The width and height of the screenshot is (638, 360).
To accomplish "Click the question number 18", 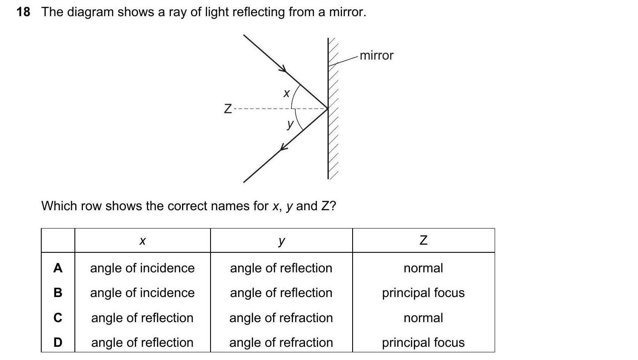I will (x=23, y=12).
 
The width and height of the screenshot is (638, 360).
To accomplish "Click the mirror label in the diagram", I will (x=376, y=56).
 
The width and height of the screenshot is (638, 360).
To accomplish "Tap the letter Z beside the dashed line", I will (x=228, y=109).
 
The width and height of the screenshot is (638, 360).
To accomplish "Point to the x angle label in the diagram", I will (x=286, y=93).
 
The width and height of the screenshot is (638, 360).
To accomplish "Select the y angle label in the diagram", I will (x=290, y=124).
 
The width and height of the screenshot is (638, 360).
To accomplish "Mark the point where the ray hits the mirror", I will (x=328, y=109).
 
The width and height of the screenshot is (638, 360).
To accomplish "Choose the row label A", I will (x=58, y=268).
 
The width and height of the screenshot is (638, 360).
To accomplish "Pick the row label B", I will (x=58, y=293).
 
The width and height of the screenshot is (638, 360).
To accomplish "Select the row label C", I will (x=58, y=318).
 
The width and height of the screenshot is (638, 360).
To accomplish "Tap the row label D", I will (x=58, y=343).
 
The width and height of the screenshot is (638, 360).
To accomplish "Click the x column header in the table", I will (x=142, y=241).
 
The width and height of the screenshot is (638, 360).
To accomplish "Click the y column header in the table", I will (x=281, y=241).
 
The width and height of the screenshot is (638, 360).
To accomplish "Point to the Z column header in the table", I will (x=423, y=241).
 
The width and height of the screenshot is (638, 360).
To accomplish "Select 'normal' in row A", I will (x=423, y=268).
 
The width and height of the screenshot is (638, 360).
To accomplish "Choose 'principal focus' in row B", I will (x=423, y=293).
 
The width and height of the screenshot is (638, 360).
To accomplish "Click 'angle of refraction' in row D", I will (x=281, y=343).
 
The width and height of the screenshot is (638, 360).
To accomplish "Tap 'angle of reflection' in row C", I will (x=142, y=318).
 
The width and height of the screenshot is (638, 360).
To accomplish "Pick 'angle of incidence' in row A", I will (x=142, y=268).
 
